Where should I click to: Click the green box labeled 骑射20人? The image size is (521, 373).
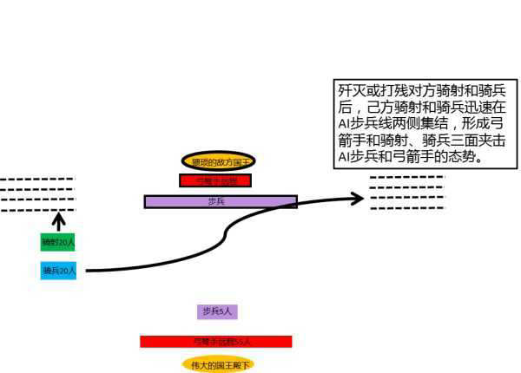tap(58, 242)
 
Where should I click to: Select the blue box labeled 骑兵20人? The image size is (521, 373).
tap(58, 271)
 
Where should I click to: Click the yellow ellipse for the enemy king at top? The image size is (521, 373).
tap(221, 161)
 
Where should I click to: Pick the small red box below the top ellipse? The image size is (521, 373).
tap(214, 180)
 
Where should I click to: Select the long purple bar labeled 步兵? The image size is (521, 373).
tap(221, 201)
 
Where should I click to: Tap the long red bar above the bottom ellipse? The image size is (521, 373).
tap(215, 341)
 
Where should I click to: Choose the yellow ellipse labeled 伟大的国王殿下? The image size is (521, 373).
tap(219, 364)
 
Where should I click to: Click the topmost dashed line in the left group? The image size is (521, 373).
tap(38, 179)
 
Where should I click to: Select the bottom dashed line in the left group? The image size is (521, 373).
tap(38, 209)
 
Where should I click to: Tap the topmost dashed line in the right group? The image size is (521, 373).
tap(407, 177)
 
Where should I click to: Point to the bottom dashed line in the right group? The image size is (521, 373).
tap(407, 206)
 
